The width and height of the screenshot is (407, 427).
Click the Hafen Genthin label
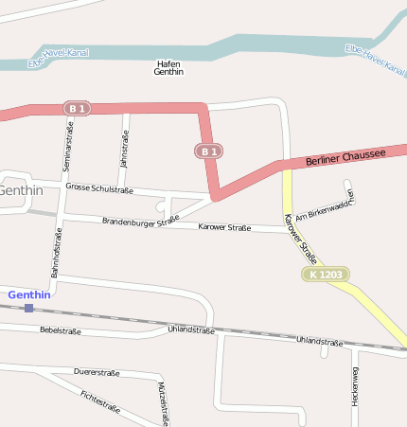click(168, 67)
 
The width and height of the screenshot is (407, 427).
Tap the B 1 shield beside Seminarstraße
click(78, 109)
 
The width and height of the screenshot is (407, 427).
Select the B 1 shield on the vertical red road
click(209, 151)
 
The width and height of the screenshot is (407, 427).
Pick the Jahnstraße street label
click(124, 149)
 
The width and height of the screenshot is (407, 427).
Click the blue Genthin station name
click(28, 294)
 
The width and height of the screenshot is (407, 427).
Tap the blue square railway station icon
click(29, 308)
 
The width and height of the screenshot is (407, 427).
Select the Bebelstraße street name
click(61, 331)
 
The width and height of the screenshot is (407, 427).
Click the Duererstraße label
click(97, 373)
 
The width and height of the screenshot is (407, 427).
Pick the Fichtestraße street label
click(100, 401)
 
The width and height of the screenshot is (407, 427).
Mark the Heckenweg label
click(355, 386)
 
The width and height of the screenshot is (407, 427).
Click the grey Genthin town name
click(20, 190)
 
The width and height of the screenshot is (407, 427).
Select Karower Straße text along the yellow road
click(300, 238)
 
